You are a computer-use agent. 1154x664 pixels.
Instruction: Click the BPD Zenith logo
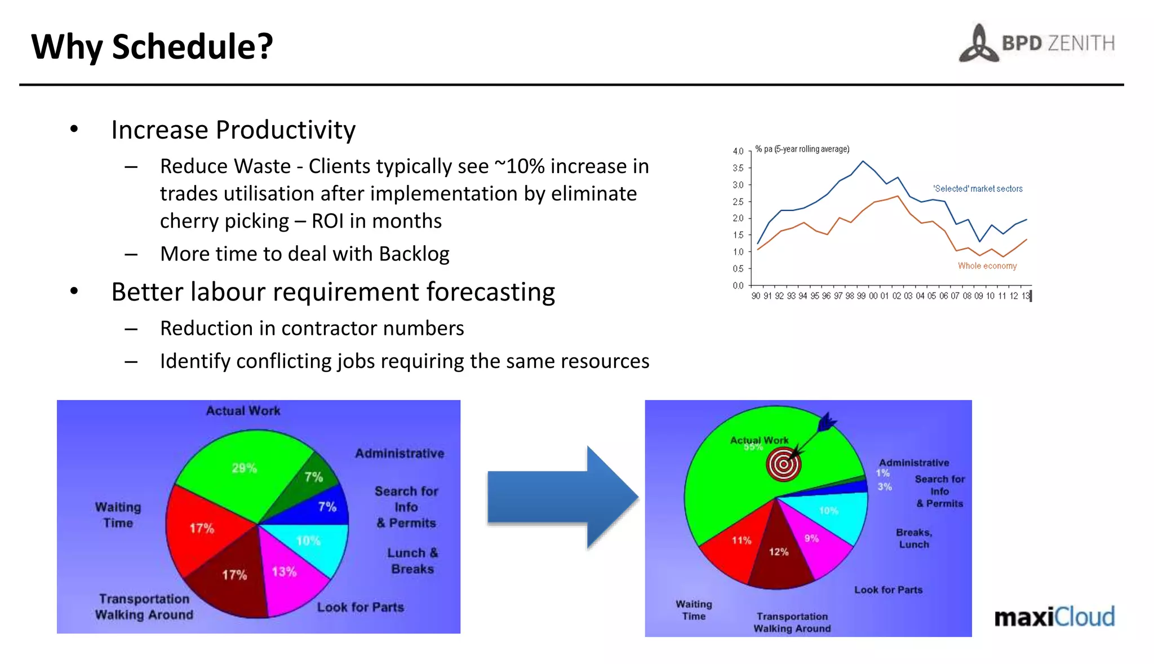point(1037,43)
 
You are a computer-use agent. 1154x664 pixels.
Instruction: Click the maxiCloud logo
point(1054,617)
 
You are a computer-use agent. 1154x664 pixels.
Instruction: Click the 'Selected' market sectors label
point(978,189)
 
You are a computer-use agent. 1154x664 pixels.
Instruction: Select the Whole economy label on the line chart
point(987,265)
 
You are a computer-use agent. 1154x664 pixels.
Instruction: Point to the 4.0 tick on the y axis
point(738,151)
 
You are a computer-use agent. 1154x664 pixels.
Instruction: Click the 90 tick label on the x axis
point(756,296)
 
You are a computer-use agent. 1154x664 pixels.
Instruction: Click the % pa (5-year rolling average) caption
point(802,149)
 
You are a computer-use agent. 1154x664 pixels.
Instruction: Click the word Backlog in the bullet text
point(414,254)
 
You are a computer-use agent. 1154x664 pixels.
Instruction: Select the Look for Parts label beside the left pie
point(361,607)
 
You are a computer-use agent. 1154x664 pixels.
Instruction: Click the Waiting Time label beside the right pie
point(694,610)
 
